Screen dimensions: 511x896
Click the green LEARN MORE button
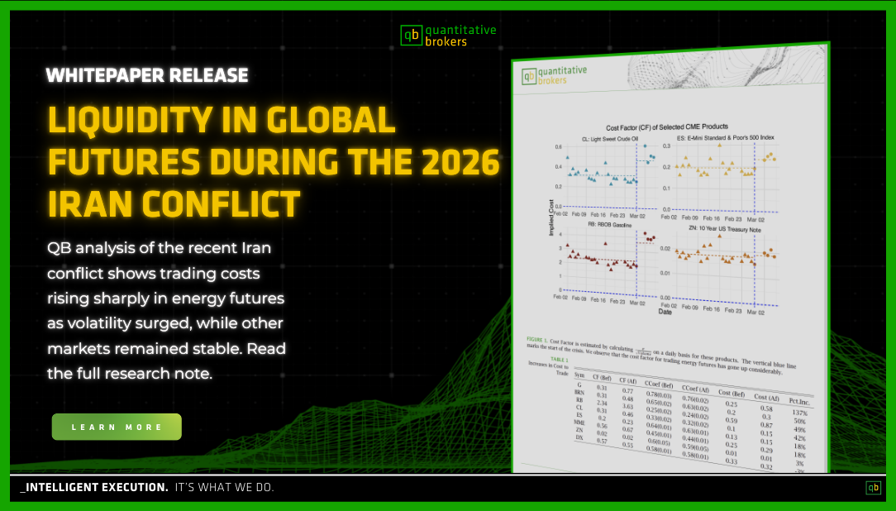(117, 427)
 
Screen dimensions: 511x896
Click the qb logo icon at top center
(411, 35)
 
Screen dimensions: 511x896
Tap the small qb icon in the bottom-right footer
(873, 488)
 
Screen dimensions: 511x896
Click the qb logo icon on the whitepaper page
(528, 76)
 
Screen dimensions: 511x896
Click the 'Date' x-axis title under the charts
(664, 313)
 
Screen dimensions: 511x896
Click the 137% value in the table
(798, 412)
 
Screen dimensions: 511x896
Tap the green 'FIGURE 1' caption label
(540, 340)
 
